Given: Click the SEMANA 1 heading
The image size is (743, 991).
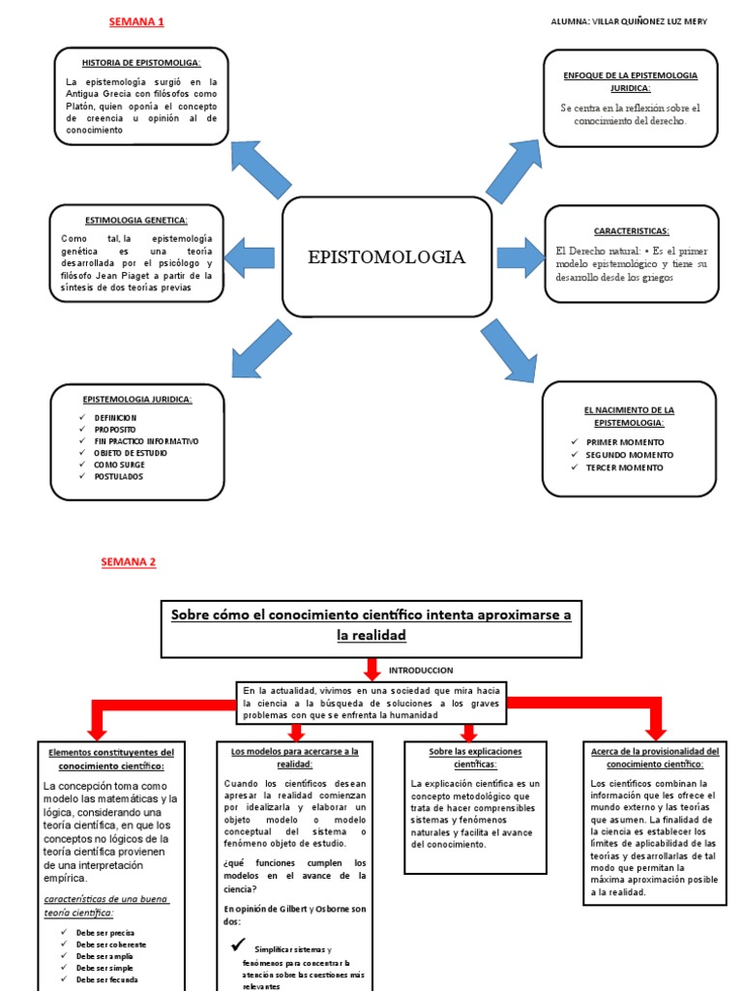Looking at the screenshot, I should (136, 21).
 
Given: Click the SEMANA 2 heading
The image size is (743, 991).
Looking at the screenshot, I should (128, 561).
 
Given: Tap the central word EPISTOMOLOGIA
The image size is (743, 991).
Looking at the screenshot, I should (386, 256).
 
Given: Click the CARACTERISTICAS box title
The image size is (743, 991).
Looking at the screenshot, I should (631, 230).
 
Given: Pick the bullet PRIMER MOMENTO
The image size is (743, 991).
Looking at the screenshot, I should (625, 442).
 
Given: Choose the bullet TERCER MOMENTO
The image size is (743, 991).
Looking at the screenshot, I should (624, 467).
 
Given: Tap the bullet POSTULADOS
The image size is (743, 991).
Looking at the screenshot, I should (119, 476).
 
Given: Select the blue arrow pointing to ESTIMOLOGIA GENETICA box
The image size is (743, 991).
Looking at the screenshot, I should (249, 257).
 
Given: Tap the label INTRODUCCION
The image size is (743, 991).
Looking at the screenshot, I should (421, 670).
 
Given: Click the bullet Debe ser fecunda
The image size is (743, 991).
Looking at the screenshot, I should (107, 979).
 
